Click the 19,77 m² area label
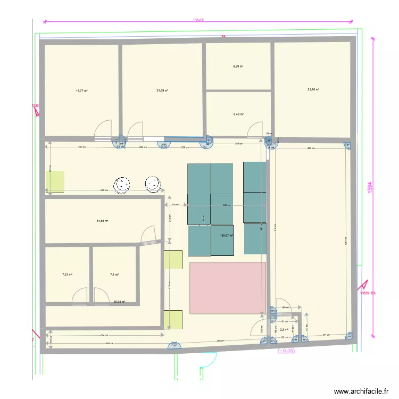point(81,91)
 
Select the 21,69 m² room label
point(162,90)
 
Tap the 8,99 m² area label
point(238,66)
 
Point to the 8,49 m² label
point(238,114)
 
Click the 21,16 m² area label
point(313,89)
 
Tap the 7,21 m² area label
point(67,275)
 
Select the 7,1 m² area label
point(114,275)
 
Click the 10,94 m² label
point(119,302)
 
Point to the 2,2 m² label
point(284,330)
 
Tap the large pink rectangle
point(228,287)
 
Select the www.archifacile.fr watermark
point(361,391)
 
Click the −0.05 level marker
point(287,351)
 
